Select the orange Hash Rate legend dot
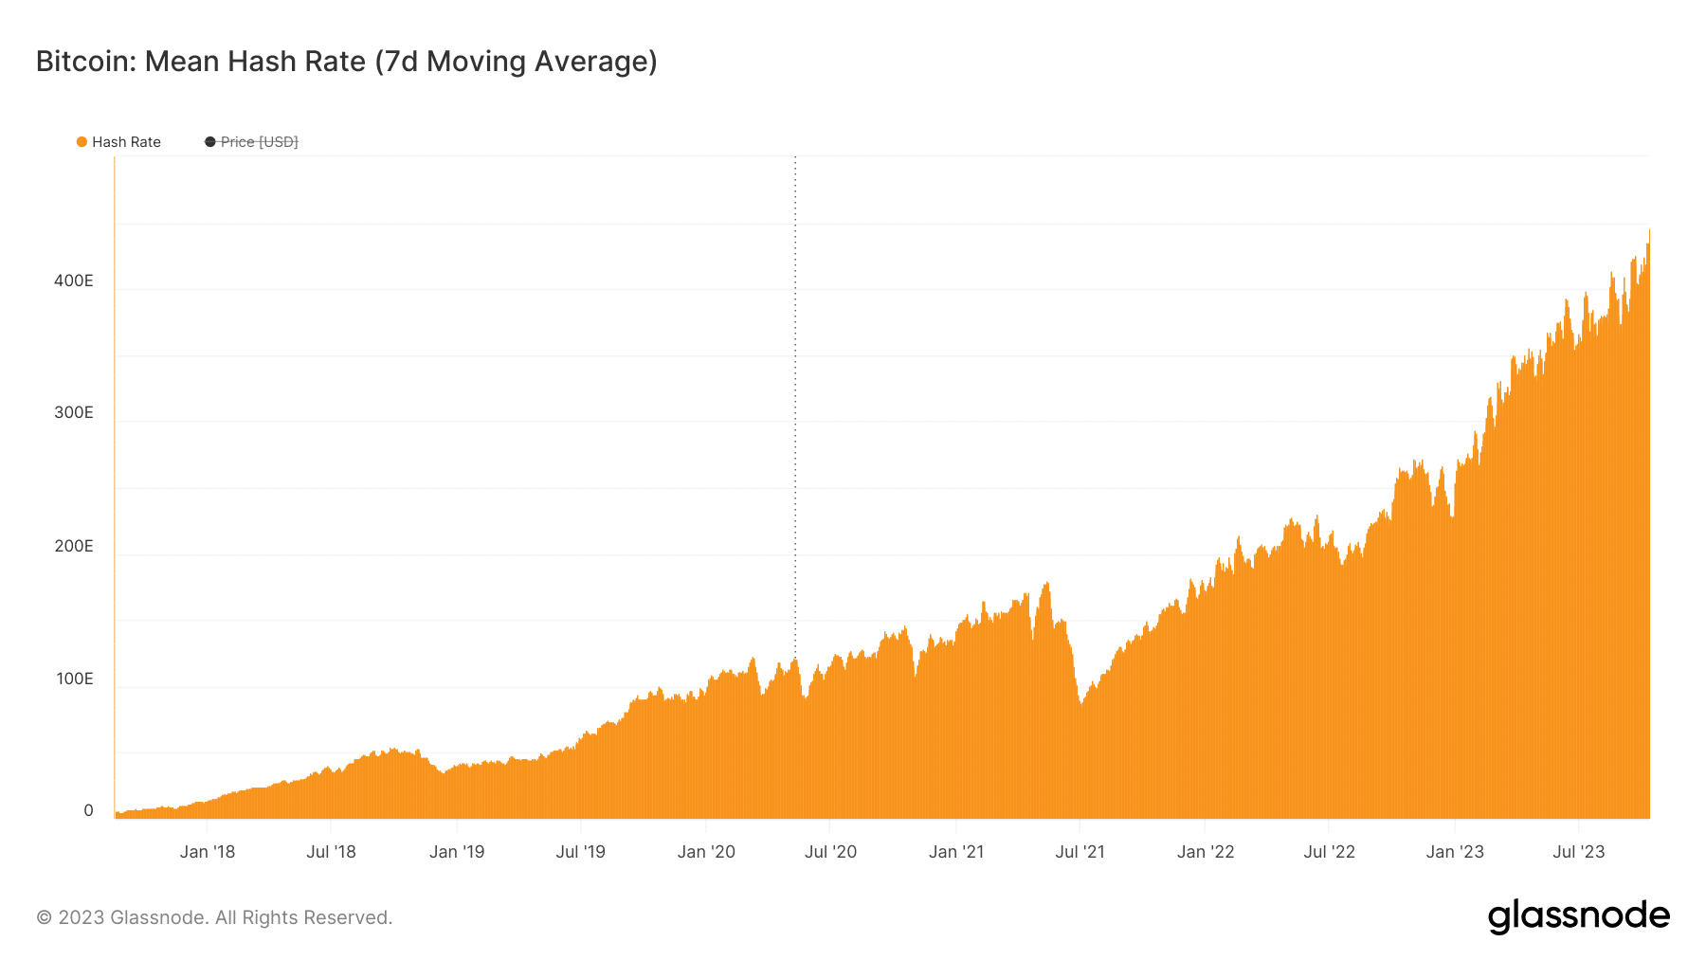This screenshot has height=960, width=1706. (82, 142)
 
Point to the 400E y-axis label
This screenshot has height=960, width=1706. (74, 281)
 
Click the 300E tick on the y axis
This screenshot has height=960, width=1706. (74, 412)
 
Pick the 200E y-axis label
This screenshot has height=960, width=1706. (74, 546)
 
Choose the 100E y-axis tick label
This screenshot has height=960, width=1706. (74, 679)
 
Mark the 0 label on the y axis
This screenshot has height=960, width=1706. (88, 810)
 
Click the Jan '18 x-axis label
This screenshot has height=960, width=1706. (208, 852)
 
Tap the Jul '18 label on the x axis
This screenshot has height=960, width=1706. (331, 852)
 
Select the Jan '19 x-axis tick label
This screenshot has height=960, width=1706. (457, 852)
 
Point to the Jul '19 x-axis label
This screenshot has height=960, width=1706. (580, 852)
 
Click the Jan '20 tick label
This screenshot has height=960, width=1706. (706, 852)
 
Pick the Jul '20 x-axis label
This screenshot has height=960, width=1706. (830, 852)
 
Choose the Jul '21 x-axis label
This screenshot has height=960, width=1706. (1080, 852)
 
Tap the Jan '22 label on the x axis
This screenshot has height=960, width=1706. (1206, 852)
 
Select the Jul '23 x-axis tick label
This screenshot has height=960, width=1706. (1579, 852)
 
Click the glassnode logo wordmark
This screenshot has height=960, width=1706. (1578, 916)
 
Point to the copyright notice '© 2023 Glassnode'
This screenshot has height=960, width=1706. (214, 917)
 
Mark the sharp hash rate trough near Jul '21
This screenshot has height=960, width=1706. (1080, 704)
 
